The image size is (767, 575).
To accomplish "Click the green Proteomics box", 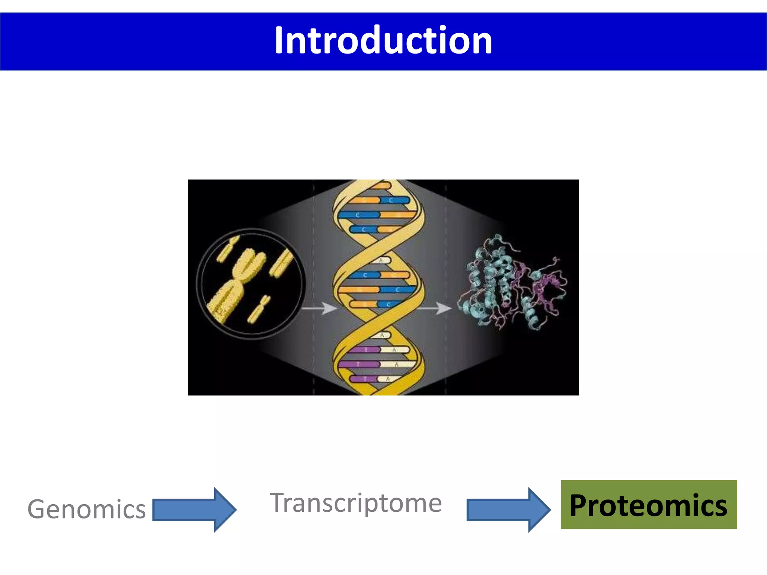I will (x=648, y=505).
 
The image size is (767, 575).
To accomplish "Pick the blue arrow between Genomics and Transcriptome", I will (x=194, y=509).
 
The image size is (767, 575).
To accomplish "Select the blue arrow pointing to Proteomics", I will (x=508, y=509).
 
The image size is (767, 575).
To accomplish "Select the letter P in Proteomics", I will (x=579, y=506).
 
